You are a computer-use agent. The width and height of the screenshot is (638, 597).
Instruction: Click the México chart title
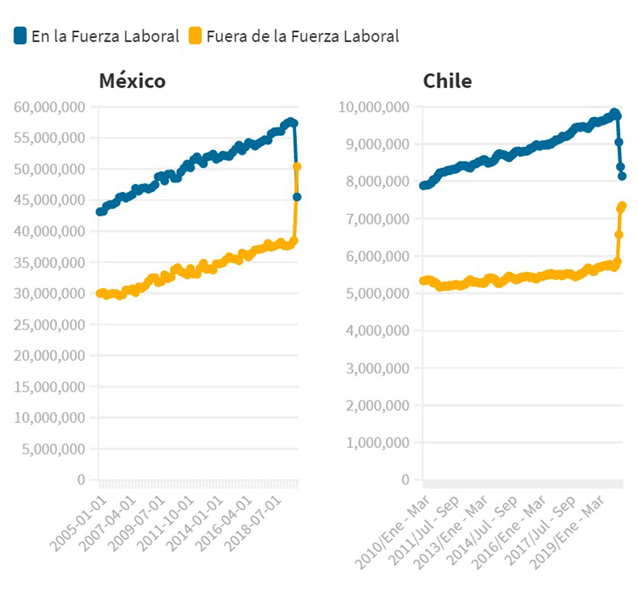pyautogui.click(x=132, y=81)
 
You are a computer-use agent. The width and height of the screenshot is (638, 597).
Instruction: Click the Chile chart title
pyautogui.click(x=447, y=81)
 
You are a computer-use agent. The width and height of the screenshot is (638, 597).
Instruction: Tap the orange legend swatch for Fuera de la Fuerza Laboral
pyautogui.click(x=196, y=36)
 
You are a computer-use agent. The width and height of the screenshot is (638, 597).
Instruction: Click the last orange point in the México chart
pyautogui.click(x=297, y=166)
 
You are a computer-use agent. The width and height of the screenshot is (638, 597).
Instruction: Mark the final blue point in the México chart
pyautogui.click(x=296, y=197)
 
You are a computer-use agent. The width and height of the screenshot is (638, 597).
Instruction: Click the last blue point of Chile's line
pyautogui.click(x=622, y=176)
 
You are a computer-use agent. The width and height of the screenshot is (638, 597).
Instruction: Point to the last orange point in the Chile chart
pyautogui.click(x=622, y=206)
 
